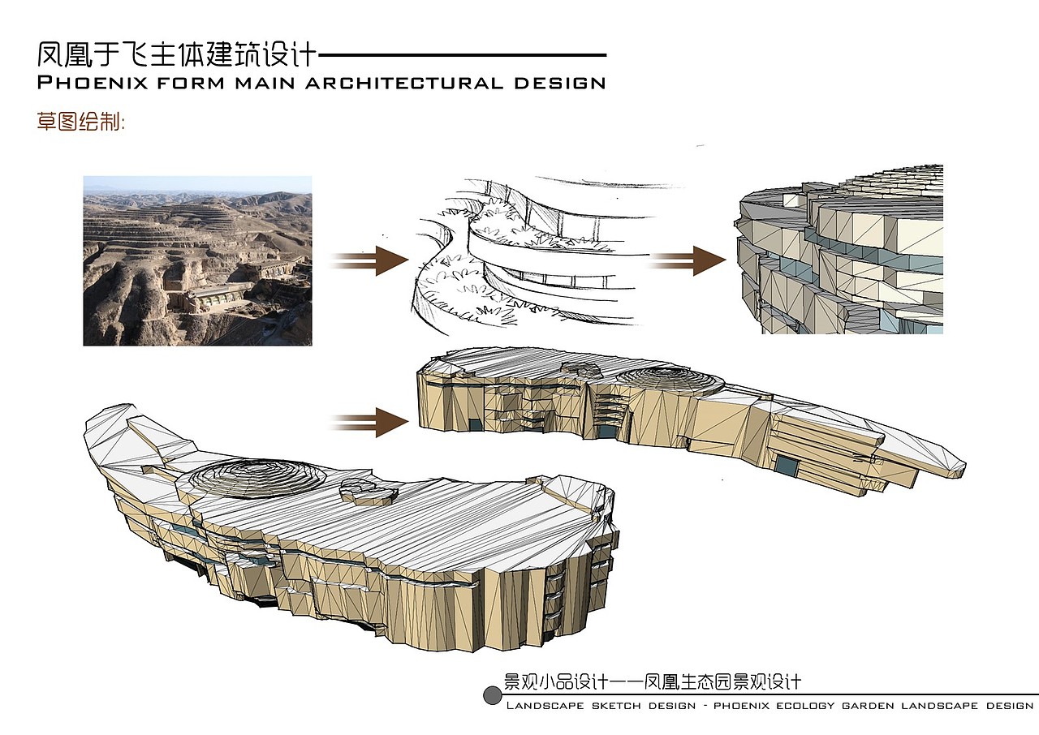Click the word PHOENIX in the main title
click(93, 83)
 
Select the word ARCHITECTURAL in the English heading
click(404, 83)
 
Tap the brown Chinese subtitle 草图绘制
click(80, 122)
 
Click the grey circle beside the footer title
click(492, 695)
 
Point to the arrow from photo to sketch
click(369, 261)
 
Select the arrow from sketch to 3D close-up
click(687, 261)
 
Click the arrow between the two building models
click(369, 422)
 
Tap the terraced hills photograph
click(197, 260)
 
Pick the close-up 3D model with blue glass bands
click(839, 249)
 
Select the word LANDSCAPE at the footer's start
click(545, 706)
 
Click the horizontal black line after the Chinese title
click(463, 55)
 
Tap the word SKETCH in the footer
click(616, 706)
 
